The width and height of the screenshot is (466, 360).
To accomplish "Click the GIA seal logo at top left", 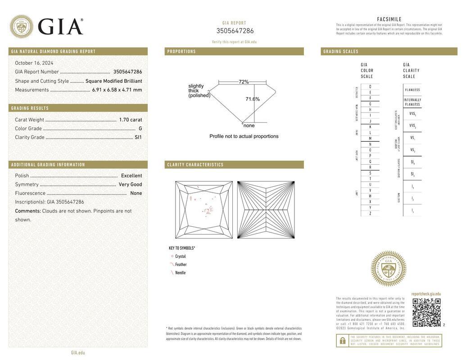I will point(22,27).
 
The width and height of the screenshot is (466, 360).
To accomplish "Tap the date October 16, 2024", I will point(34,63).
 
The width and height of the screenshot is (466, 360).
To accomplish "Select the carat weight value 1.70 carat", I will point(131,120).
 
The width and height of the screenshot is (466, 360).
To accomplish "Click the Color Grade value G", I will point(140,129).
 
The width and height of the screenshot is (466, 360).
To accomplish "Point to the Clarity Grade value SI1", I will point(138,137).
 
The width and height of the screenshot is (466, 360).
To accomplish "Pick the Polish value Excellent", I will point(131,175).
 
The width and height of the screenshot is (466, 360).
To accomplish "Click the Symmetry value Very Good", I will point(130,184).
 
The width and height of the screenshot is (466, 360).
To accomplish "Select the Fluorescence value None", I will point(136,193).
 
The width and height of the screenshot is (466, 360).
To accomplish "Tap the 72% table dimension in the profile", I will point(244,82).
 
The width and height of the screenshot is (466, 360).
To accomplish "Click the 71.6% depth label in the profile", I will point(253,99).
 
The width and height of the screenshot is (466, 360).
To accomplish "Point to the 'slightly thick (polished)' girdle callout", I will point(199,90).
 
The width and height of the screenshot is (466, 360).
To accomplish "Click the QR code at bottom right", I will point(426,312).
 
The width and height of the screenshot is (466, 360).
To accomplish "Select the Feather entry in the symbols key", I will point(181,265).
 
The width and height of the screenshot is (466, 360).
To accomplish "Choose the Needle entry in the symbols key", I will point(180,273).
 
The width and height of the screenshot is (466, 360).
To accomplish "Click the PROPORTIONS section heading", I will point(182,52).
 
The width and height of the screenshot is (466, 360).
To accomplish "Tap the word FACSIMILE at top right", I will point(389,19).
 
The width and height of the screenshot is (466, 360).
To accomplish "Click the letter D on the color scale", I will point(370,86).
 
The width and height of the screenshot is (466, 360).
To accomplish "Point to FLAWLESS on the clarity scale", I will point(412,90).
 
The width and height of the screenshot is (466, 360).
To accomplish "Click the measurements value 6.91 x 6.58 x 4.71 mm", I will point(117,90).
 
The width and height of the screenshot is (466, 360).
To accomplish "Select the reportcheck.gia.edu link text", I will point(426,294).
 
